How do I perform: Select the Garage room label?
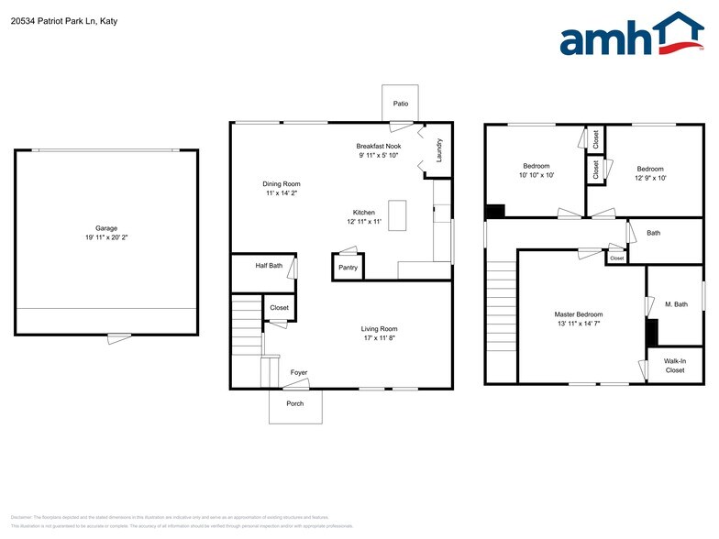click(106, 228)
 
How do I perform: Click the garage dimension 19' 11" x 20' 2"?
click(106, 238)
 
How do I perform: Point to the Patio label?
click(401, 104)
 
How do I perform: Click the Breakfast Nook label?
click(379, 146)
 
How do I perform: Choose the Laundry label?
click(439, 150)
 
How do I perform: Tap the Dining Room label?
click(282, 183)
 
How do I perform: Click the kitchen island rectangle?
click(397, 214)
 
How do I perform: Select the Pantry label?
click(348, 268)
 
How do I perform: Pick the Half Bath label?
click(269, 266)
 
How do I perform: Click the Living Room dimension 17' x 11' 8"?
click(379, 338)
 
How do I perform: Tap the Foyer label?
click(299, 372)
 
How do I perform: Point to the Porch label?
click(295, 403)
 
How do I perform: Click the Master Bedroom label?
click(579, 314)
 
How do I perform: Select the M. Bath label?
click(676, 304)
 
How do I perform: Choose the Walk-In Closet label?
click(675, 366)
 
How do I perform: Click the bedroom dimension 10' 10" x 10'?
click(536, 175)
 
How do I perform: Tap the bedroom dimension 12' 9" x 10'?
click(650, 178)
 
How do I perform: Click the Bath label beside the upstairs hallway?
click(653, 233)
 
